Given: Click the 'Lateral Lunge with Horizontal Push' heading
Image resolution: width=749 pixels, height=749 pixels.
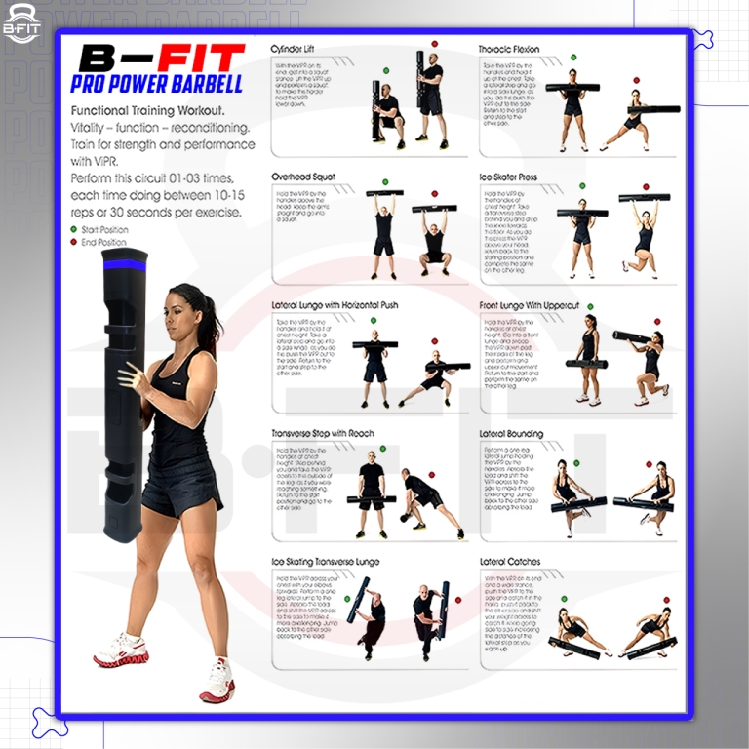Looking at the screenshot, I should click(x=335, y=305).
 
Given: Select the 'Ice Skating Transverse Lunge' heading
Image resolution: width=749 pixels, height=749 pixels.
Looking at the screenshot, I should click(x=325, y=562).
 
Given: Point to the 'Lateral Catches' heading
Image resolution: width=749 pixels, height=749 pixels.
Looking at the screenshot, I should click(x=510, y=562).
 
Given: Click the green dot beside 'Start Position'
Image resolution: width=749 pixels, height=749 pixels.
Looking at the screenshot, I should click(x=75, y=230).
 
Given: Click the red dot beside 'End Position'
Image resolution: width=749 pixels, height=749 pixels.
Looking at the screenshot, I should click(x=75, y=242).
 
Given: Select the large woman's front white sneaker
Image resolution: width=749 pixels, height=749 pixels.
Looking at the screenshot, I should click(x=120, y=650).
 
